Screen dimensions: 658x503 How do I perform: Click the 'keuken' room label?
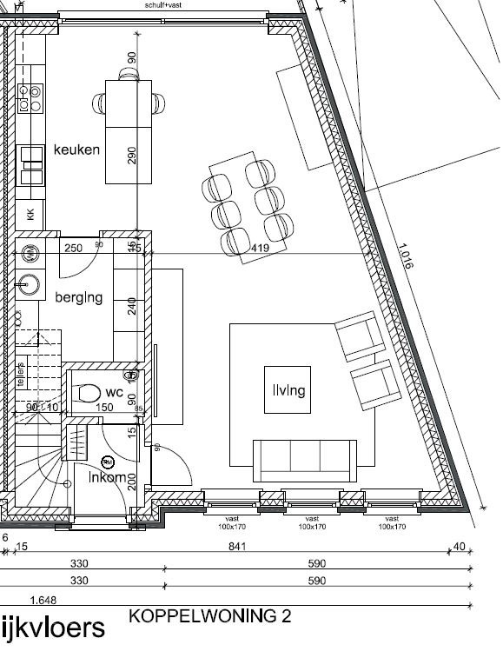pyautogui.click(x=76, y=150)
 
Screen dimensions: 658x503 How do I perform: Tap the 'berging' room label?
pyautogui.click(x=79, y=297)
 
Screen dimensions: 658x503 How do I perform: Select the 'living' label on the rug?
pyautogui.click(x=287, y=390)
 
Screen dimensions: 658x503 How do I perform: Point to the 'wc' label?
pyautogui.click(x=115, y=391)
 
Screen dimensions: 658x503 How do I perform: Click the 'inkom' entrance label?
pyautogui.click(x=107, y=476)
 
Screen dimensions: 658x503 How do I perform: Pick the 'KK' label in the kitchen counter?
pyautogui.click(x=30, y=215)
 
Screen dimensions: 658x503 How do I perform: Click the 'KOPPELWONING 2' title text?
pyautogui.click(x=209, y=616)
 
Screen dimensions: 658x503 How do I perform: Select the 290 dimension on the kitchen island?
pyautogui.click(x=131, y=155)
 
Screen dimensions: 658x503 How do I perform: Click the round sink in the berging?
pyautogui.click(x=30, y=283)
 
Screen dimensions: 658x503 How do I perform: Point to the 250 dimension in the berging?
pyautogui.click(x=74, y=248)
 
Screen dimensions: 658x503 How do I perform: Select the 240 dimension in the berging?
pyautogui.click(x=132, y=306)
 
